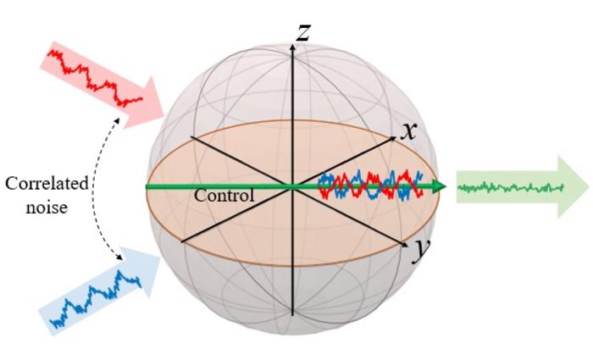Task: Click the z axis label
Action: click(x=302, y=32)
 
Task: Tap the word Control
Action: click(x=224, y=196)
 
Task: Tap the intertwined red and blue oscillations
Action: click(x=369, y=186)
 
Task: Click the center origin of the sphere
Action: click(x=292, y=186)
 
